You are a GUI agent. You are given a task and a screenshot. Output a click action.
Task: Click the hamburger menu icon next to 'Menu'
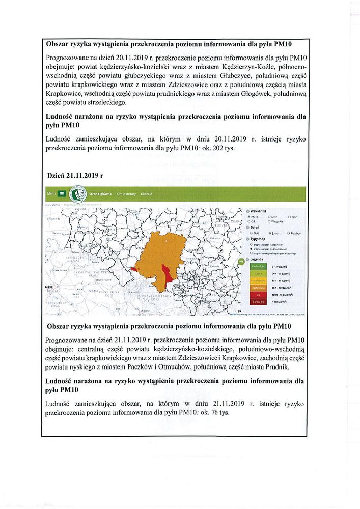[x=62, y=194]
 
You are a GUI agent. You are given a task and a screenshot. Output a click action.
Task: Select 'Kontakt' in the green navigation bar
[x=147, y=194]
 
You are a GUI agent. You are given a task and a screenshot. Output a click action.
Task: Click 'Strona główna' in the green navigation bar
[x=100, y=194]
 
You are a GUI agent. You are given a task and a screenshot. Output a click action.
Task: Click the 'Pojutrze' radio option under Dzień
[x=289, y=233]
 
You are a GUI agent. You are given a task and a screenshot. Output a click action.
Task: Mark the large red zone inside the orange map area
[x=166, y=275]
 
